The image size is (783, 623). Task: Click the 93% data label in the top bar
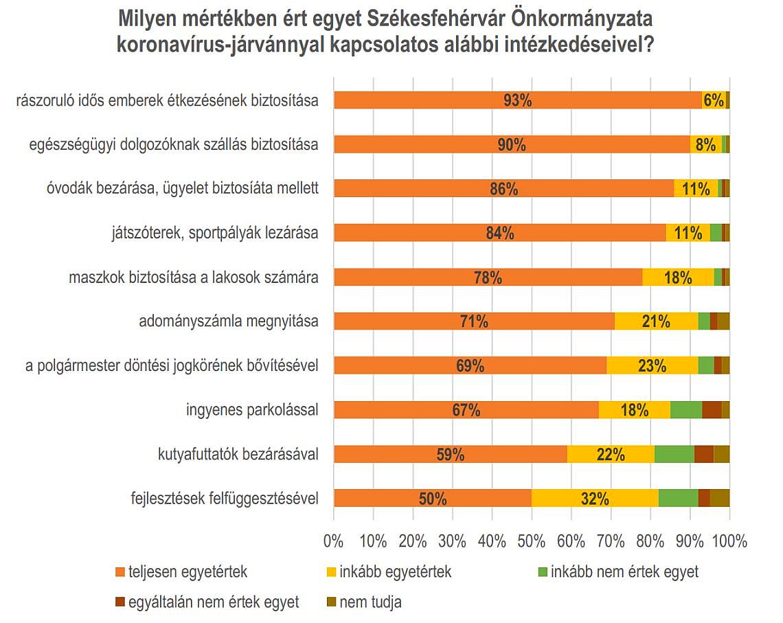coord(517,100)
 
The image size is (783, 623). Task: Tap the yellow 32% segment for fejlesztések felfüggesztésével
coord(595,499)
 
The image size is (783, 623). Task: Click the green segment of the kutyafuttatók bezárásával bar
coord(674,454)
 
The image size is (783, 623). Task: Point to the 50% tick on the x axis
coord(531,541)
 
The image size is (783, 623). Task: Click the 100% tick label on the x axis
coord(729,541)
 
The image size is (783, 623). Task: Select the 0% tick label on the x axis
coord(333,541)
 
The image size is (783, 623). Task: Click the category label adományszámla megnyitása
coord(228,321)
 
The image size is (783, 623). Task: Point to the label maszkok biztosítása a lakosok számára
coord(194,277)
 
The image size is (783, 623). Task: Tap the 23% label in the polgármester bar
coord(652,365)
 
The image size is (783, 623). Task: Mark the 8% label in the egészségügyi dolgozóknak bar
coord(705,145)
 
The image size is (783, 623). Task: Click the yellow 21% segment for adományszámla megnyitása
coord(655,321)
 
